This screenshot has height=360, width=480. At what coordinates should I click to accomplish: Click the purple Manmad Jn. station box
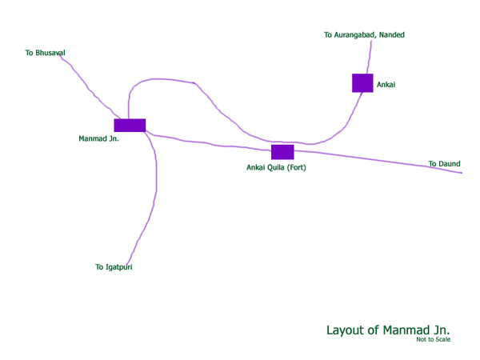(x=130, y=125)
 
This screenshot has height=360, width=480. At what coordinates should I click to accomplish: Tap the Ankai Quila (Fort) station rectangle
(x=282, y=152)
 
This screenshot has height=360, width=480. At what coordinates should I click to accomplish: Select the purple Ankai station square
(x=362, y=83)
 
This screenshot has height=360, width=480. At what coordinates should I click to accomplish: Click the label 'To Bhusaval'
(x=45, y=53)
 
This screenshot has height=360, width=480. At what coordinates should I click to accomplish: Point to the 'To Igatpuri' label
(x=114, y=267)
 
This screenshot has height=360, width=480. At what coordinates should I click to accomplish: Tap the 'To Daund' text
(x=444, y=164)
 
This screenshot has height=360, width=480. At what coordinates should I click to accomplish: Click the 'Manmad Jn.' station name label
(x=98, y=139)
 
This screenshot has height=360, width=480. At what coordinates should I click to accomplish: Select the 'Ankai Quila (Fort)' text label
(x=276, y=168)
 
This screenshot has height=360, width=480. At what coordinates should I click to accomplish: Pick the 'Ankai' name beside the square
(x=386, y=83)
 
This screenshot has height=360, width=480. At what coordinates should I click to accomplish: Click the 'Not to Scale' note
(x=433, y=340)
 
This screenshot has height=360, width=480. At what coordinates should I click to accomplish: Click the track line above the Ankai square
(x=369, y=56)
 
